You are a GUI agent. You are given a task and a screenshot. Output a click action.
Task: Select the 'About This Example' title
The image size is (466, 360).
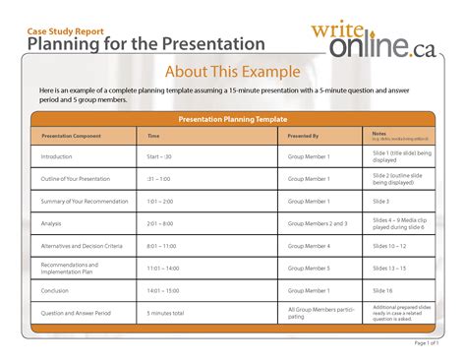[x=232, y=72]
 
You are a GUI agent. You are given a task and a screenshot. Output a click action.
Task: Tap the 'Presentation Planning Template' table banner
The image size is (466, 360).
[x=232, y=119]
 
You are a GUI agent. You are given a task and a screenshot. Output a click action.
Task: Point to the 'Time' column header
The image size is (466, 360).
[x=153, y=136]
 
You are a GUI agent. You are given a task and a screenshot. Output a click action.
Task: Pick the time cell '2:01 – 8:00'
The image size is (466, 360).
[x=161, y=224]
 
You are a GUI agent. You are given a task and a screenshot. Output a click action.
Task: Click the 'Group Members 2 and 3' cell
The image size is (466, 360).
[x=317, y=224]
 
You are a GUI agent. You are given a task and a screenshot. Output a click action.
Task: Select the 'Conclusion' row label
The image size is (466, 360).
[x=55, y=290]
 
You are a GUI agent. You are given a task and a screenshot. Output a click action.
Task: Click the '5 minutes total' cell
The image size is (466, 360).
[x=168, y=313]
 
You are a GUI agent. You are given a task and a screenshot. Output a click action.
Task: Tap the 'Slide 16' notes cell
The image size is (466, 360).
[x=383, y=290]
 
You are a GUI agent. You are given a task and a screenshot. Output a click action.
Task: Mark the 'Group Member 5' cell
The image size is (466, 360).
[x=309, y=268]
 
